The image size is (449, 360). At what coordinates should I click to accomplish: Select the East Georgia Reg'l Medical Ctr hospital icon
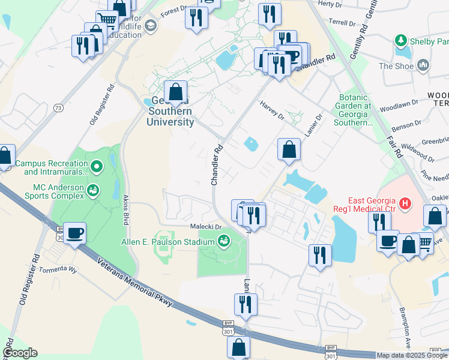[x=405, y=204]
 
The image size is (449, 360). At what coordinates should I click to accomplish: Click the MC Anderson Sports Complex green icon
[x=92, y=191]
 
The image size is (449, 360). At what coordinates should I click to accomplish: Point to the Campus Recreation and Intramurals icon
[x=96, y=164]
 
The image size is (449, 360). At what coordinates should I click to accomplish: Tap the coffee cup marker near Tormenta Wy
[x=75, y=233]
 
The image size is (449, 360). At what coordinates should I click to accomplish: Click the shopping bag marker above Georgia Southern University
[x=176, y=92]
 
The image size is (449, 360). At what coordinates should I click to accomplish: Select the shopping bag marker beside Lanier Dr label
[x=289, y=149]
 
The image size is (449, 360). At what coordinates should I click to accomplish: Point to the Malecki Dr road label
[x=206, y=227]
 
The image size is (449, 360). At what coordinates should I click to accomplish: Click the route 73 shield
[x=58, y=108]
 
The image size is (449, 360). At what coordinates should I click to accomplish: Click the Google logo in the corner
[x=20, y=353]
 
